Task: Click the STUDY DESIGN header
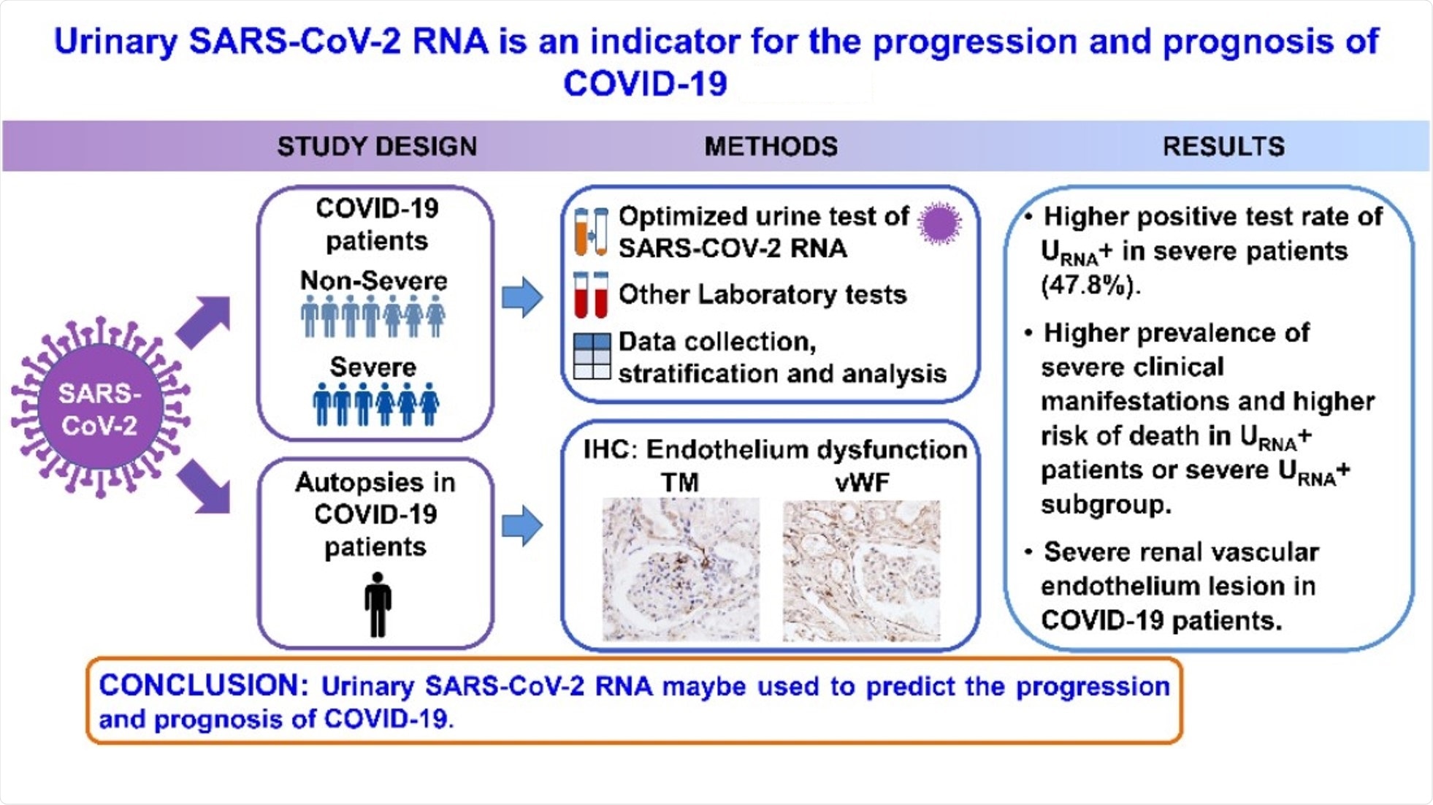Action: (x=377, y=146)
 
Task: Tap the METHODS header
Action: (x=771, y=146)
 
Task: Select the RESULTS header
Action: (x=1223, y=146)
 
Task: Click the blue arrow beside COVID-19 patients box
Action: (x=522, y=297)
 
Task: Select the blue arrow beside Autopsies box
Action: (x=522, y=525)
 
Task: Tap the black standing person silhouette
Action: (x=378, y=605)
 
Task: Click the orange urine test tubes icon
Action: (x=591, y=232)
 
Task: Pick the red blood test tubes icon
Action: (x=591, y=294)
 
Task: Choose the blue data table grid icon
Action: (x=592, y=356)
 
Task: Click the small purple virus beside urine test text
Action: (x=939, y=223)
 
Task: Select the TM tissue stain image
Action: (x=680, y=569)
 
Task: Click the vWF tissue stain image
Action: (x=861, y=571)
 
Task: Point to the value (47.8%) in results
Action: (x=1090, y=285)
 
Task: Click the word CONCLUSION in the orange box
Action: (x=199, y=685)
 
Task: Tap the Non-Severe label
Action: (x=373, y=281)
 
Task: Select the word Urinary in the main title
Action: (x=115, y=42)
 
